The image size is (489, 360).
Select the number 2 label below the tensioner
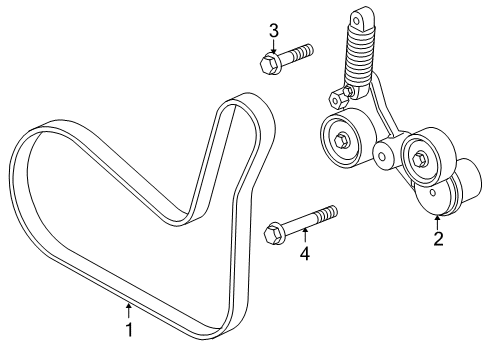tap(437, 238)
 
